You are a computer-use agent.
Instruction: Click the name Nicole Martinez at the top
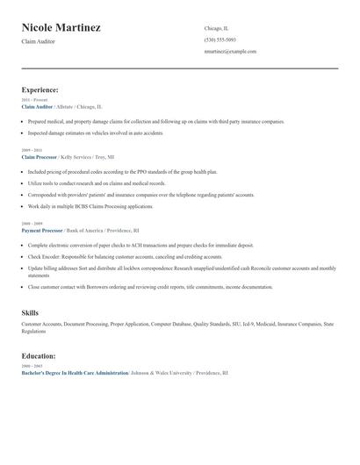point(61,27)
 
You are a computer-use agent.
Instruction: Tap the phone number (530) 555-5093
point(220,39)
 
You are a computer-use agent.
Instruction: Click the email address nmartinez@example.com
point(230,51)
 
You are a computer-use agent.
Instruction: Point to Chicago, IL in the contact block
point(218,28)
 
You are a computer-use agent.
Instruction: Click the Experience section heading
point(40,89)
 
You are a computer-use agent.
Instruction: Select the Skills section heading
point(31,312)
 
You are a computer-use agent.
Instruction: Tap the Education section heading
point(39,356)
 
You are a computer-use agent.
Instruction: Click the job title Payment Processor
point(42,230)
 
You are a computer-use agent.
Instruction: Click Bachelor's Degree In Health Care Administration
point(75,373)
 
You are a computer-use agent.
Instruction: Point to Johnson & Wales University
point(164,373)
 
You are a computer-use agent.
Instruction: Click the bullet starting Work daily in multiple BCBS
point(90,206)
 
